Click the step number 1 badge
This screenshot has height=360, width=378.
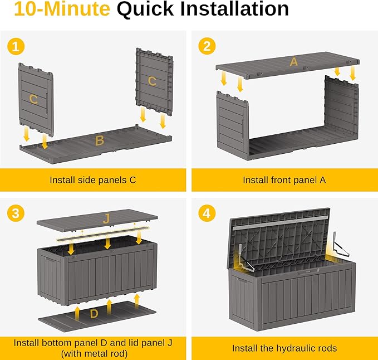pos(16,47)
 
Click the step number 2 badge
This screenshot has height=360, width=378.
pos(207,47)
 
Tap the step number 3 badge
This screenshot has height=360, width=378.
pos(16,213)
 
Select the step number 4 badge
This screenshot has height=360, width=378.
pos(207,213)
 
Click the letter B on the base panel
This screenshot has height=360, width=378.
pos(99,141)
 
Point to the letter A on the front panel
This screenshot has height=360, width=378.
pos(293,62)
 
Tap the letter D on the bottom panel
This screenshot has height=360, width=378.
pos(94,314)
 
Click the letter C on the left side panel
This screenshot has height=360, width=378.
pos(34,99)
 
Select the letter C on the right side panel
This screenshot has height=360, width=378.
pos(152,81)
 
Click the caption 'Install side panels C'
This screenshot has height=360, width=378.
pos(93,180)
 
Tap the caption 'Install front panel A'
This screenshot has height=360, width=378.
pos(284,180)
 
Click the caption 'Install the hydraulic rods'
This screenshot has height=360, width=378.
pos(284,348)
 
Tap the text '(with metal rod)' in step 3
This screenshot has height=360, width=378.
pos(93,353)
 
